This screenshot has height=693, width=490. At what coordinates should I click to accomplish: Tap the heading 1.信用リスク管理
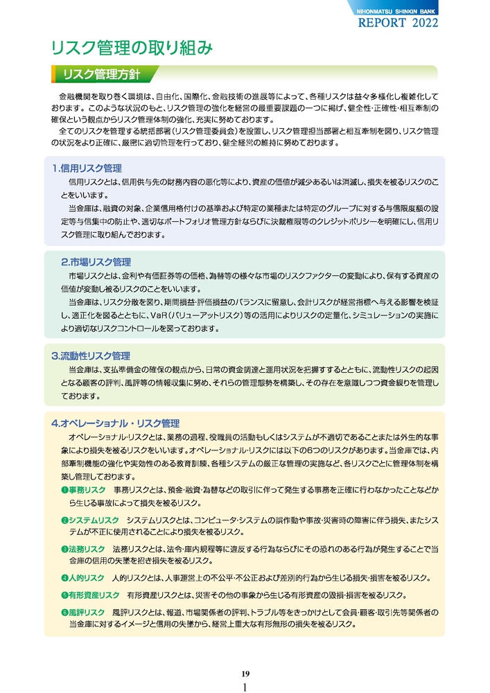tap(87, 168)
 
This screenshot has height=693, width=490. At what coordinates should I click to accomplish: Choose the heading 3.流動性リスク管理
tap(91, 356)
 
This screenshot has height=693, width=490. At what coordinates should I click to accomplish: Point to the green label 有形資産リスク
tap(94, 595)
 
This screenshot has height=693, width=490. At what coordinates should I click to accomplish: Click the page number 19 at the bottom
tap(245, 674)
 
